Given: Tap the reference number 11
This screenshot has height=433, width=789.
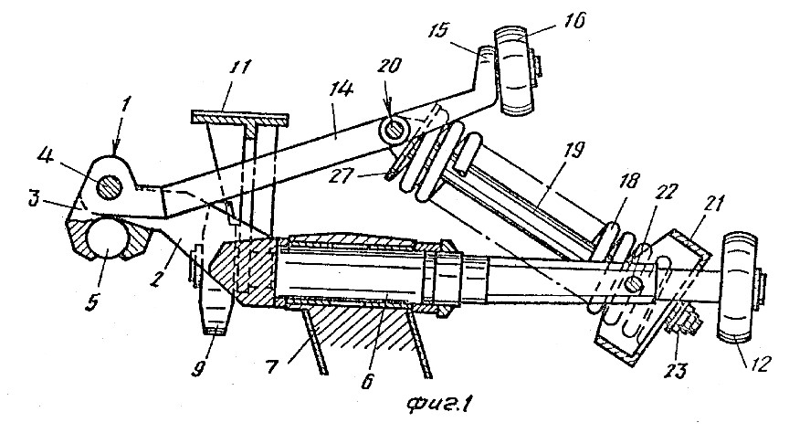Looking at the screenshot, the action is tap(239, 67).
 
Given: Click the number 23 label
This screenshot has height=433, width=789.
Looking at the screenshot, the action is tap(677, 371).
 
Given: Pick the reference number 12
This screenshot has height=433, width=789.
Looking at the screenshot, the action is tap(757, 364).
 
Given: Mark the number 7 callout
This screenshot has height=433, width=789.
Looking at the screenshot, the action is tap(272, 367).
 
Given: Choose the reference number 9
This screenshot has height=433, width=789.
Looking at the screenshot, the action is tap(196, 371).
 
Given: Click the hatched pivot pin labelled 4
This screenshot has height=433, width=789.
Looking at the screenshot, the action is tap(110, 186).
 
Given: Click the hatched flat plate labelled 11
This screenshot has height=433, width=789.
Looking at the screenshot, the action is tap(240, 119).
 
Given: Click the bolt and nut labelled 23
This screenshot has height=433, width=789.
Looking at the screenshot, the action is tap(683, 322).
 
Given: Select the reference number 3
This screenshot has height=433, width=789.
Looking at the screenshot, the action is tap(33, 199).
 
